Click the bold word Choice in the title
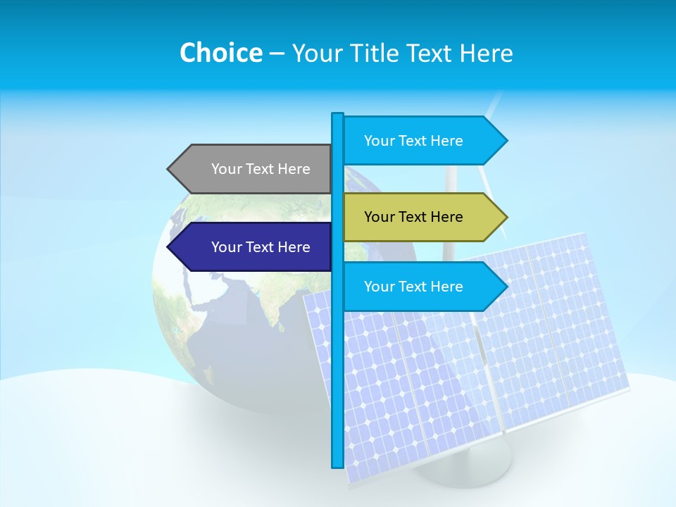pos(220,53)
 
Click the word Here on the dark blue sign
pos(294,247)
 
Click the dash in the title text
pos(277,54)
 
